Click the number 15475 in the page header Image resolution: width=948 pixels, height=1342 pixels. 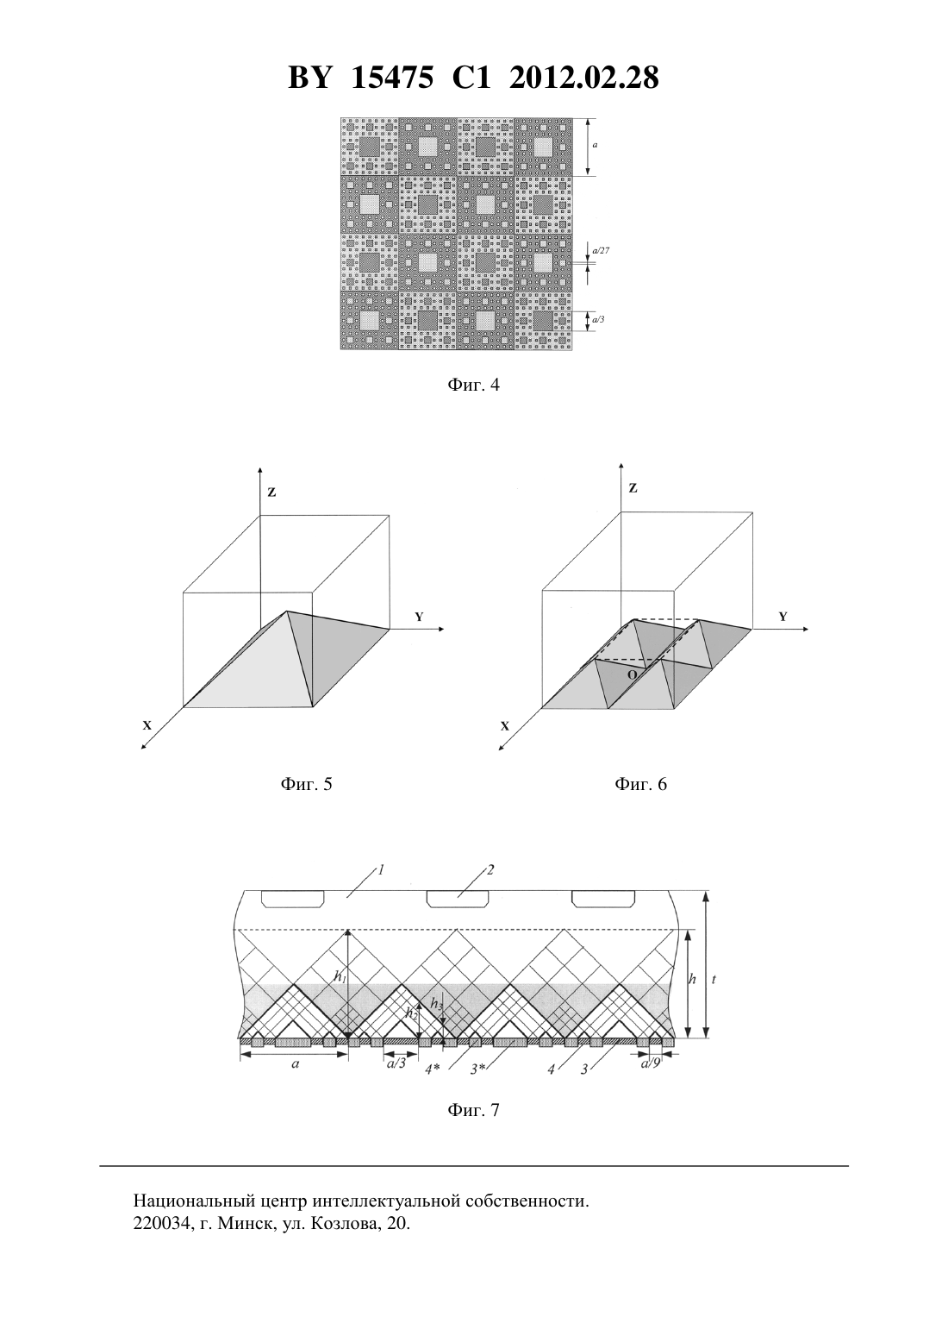[391, 78]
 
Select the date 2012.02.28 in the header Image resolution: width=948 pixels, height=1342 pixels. [584, 78]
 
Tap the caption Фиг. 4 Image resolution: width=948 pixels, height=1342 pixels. [473, 385]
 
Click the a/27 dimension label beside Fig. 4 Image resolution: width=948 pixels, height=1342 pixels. [601, 251]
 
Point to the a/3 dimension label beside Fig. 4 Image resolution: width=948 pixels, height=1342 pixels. [598, 319]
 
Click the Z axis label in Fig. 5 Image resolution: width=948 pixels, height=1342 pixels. [271, 492]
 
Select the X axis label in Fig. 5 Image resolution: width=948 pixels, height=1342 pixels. [147, 725]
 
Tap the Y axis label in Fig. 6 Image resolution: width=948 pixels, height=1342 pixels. [783, 617]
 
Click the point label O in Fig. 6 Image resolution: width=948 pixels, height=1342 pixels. [632, 674]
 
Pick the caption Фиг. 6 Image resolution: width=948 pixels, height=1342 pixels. [640, 784]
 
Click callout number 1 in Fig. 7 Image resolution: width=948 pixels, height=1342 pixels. [381, 869]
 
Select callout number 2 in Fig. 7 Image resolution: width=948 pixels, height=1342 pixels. [490, 869]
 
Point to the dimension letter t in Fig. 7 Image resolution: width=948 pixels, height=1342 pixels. [714, 980]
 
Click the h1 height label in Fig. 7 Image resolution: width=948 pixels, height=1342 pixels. [340, 976]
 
